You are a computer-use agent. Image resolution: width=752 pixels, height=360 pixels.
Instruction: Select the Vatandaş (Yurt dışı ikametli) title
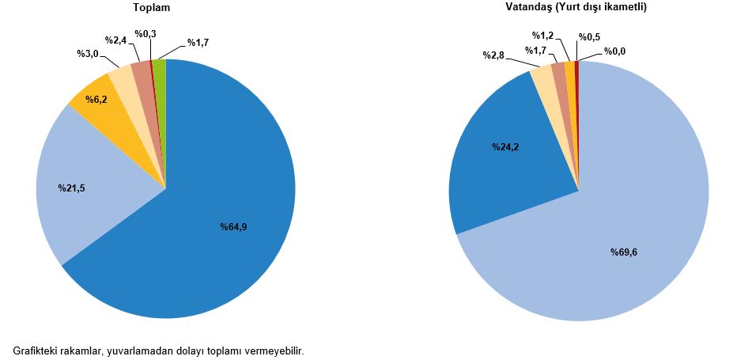[x=576, y=7]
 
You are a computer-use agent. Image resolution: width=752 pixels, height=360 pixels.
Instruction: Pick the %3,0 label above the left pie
[x=87, y=54]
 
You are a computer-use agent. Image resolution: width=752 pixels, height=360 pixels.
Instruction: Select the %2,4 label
[x=115, y=39]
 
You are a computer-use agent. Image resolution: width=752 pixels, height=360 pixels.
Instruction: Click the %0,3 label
[x=145, y=34]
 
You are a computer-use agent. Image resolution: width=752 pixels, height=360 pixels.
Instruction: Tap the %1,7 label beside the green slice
[x=198, y=42]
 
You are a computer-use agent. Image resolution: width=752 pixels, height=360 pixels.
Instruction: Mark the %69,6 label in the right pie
[x=624, y=252]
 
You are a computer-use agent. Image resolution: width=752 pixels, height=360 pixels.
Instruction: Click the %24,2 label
[x=507, y=147]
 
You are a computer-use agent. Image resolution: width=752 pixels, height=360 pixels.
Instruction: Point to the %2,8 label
[x=493, y=55]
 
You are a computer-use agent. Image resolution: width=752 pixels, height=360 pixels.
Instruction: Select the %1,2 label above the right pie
[x=542, y=36]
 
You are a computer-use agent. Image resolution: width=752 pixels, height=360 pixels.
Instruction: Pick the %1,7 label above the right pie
[x=535, y=51]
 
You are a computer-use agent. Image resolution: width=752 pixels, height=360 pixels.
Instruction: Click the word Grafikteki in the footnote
[x=36, y=350]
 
